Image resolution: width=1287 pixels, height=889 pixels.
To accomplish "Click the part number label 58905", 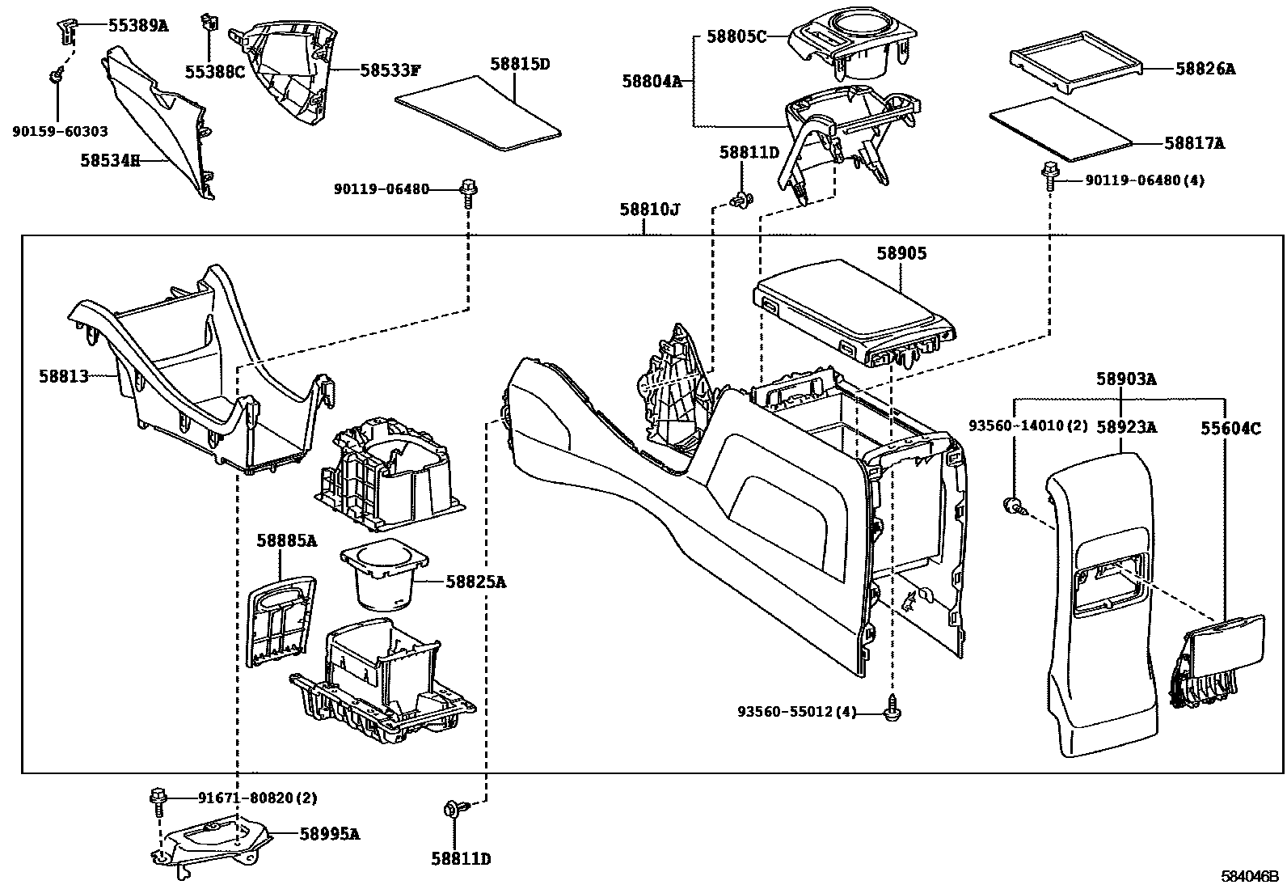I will [901, 253].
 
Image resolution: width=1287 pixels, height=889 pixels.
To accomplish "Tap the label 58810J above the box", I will [650, 210].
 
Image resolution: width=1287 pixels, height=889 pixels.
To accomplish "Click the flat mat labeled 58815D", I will [479, 113].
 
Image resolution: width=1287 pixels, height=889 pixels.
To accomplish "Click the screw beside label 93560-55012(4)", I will [893, 709].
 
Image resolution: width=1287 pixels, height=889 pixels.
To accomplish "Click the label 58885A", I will [287, 540].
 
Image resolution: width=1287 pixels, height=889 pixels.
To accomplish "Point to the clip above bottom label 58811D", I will [452, 810].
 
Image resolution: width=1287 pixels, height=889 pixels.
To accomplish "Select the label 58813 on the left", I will [63, 375].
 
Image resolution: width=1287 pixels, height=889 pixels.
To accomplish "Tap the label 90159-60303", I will [60, 130].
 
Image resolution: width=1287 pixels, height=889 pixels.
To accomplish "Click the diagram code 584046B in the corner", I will [1251, 875].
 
